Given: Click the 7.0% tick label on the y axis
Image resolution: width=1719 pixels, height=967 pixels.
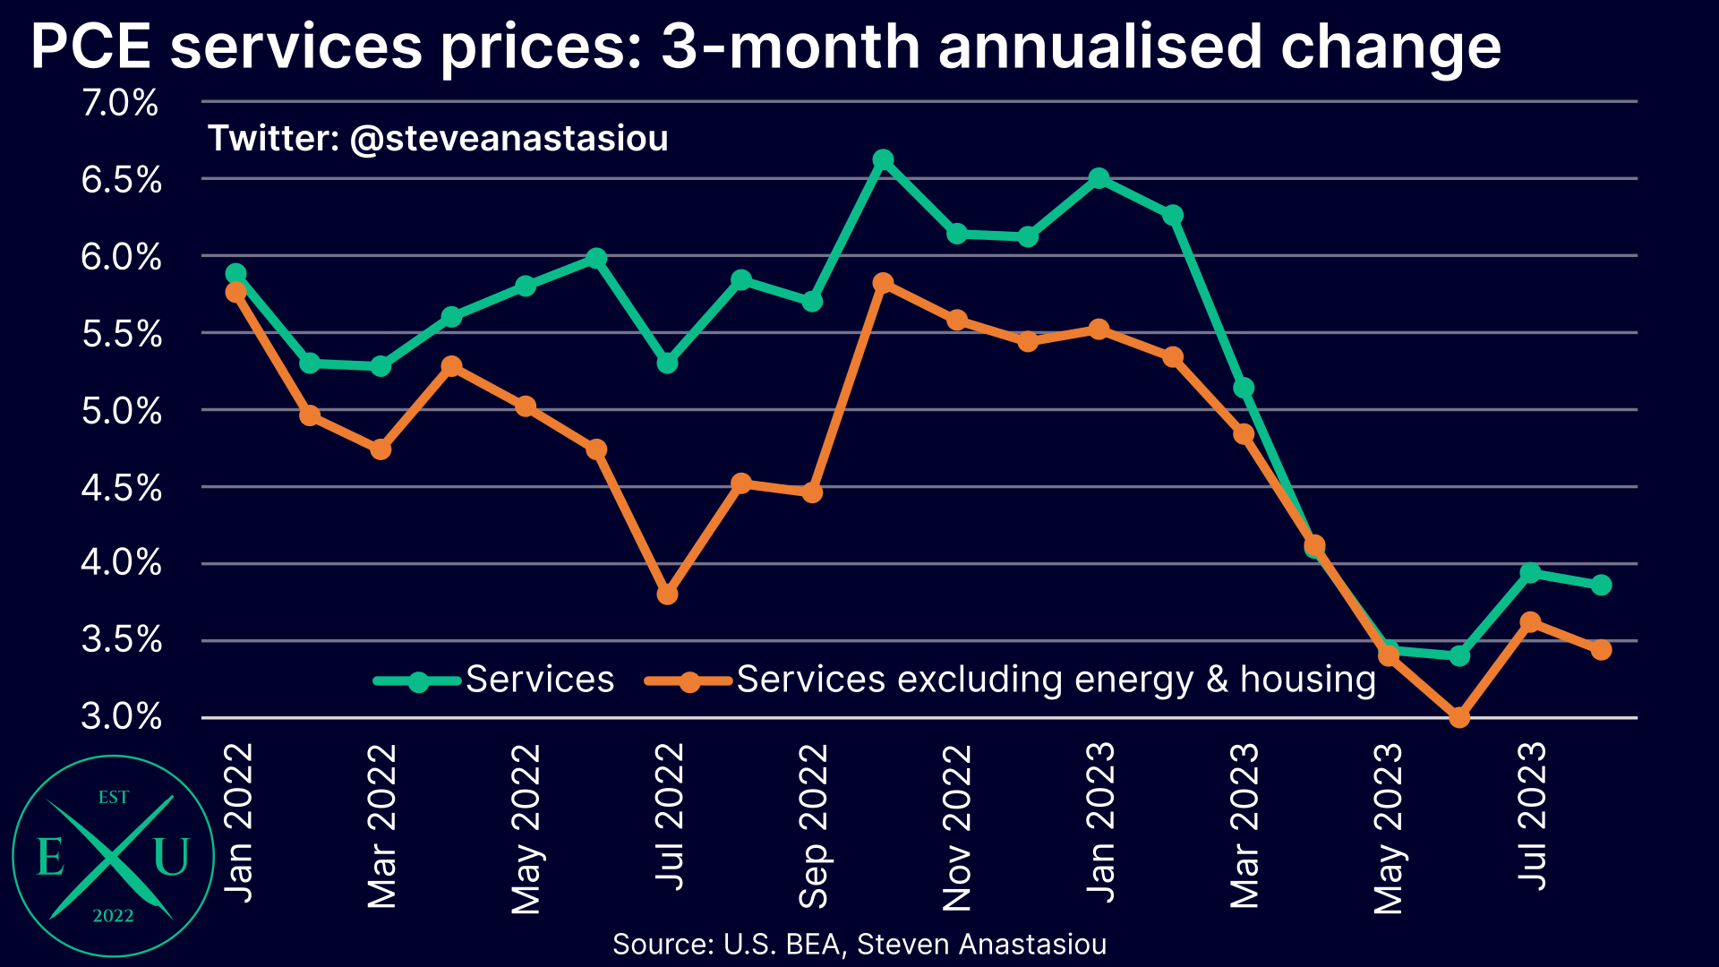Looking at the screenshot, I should coord(120,103).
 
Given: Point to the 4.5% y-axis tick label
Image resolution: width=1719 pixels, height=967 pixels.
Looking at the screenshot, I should coord(122,488).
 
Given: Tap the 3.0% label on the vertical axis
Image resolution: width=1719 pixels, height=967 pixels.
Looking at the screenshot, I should coord(122,716).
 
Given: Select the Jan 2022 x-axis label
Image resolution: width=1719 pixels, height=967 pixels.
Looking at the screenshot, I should coord(237,822).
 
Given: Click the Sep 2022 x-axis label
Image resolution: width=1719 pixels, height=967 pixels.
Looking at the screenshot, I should coord(813,826).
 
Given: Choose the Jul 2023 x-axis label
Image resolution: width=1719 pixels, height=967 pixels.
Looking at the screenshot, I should coord(1532,815).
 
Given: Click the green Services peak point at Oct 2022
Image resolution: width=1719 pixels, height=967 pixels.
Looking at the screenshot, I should coord(883,160).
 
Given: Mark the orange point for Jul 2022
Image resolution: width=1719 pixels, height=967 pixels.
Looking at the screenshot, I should coord(667,594).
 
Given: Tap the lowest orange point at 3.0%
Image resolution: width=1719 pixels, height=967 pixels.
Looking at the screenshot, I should coord(1459,717).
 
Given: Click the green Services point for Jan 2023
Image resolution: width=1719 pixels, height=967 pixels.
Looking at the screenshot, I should coord(1099,178).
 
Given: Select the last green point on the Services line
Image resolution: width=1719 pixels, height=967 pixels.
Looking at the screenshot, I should coord(1602,585).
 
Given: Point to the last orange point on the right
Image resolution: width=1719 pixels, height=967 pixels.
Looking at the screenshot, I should coord(1602,649).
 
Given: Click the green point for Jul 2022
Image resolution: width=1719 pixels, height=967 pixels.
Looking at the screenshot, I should coord(667,363).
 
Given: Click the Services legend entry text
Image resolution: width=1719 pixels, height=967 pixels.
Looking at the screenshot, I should coord(540,680).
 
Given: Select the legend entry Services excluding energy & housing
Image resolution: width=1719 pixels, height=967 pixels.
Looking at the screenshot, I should coord(1056,680).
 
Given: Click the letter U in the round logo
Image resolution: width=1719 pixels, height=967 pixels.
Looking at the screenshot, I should coord(171,857).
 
